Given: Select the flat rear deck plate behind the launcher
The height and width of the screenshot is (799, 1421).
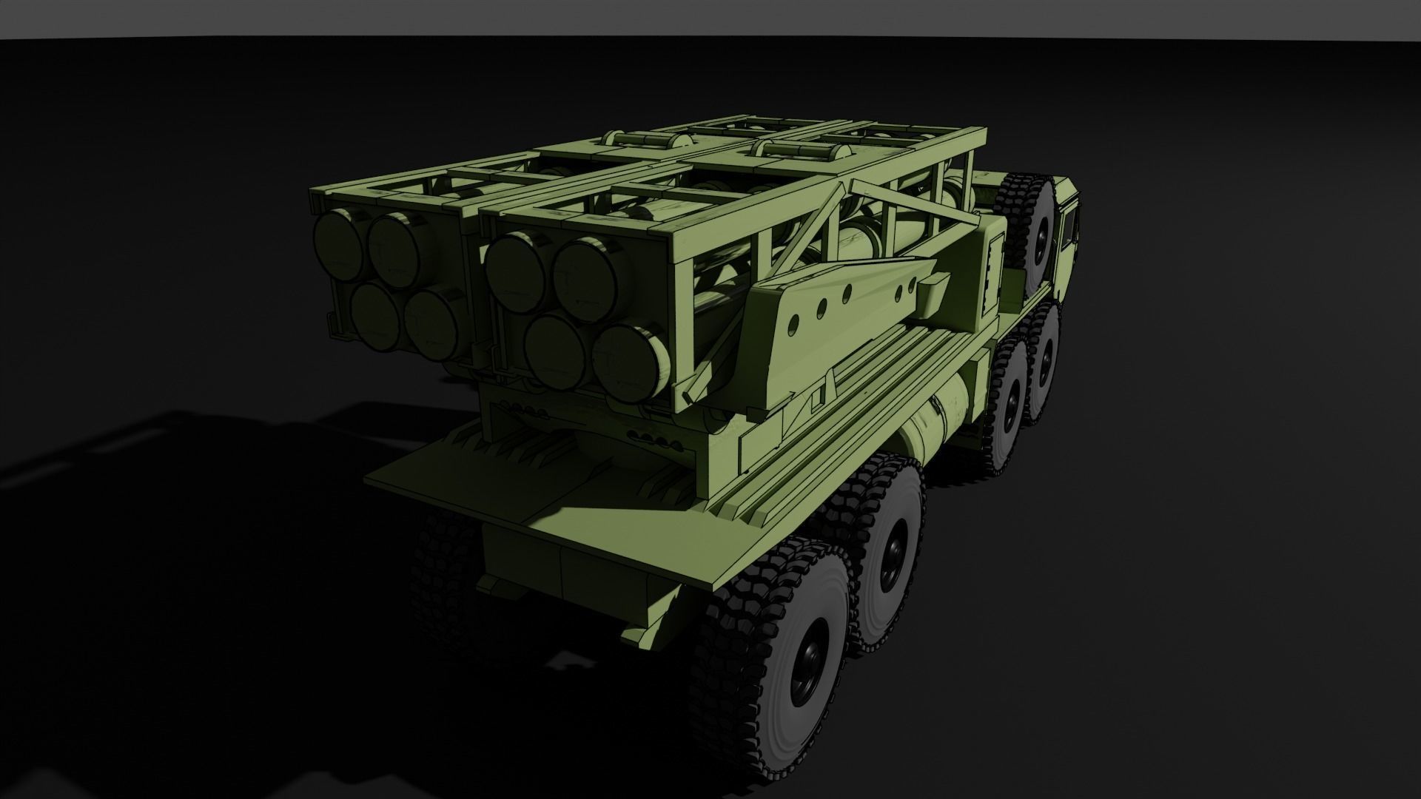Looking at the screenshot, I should pos(474,473).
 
